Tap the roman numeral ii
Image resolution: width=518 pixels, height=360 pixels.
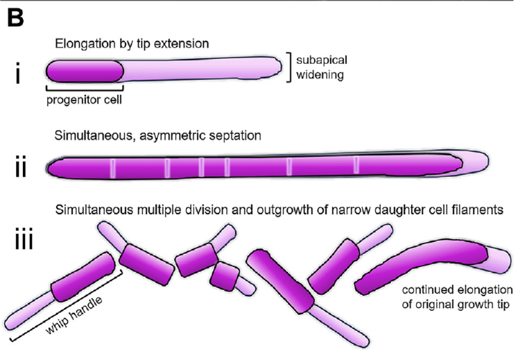(25, 168)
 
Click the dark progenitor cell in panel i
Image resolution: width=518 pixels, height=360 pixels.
(85, 72)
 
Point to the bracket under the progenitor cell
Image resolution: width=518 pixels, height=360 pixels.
(85, 89)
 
